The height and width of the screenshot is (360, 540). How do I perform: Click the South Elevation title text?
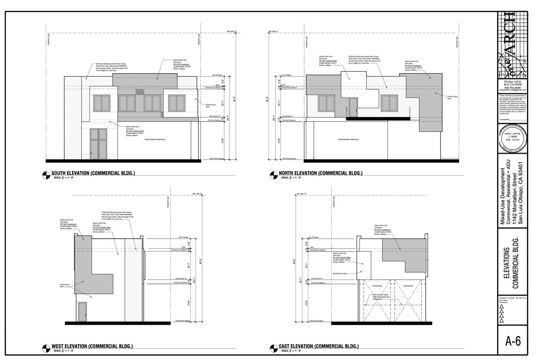point(93,174)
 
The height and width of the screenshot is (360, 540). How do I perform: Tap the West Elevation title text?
point(92,346)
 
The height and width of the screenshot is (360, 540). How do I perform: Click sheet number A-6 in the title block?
point(513,341)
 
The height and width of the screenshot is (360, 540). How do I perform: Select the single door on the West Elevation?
point(83,312)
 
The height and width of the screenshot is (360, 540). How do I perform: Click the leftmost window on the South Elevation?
point(101,103)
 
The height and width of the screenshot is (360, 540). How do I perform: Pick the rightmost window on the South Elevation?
point(176,103)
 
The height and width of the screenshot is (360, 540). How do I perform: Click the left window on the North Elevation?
point(326,103)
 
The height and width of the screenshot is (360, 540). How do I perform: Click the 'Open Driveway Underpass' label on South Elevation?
point(155,140)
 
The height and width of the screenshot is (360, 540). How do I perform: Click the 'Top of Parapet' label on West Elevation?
point(182,237)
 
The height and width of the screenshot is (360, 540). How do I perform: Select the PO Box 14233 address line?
point(512,81)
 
